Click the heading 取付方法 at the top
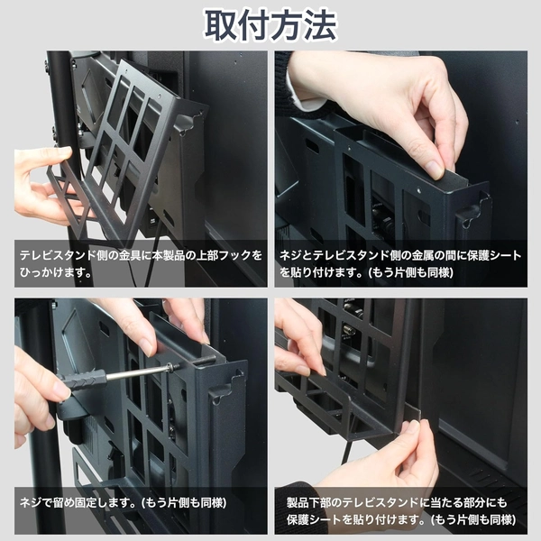coord(270,25)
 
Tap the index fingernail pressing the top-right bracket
coord(434,169)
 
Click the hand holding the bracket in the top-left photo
coord(41,185)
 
